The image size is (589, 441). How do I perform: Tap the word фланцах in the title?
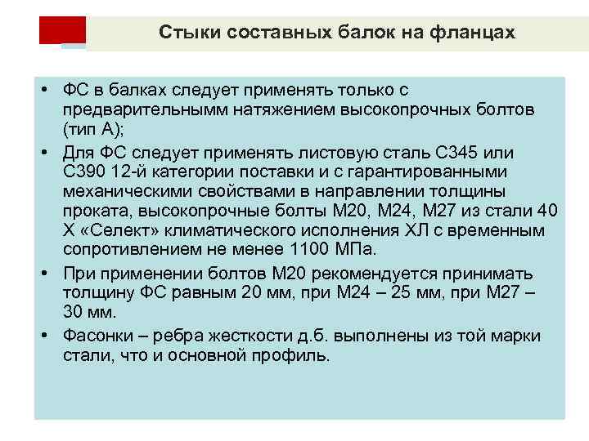coord(474,33)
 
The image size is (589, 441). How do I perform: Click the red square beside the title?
coord(62,30)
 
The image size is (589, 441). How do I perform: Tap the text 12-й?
coord(136,172)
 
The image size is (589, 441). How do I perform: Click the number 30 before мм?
coord(75,312)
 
